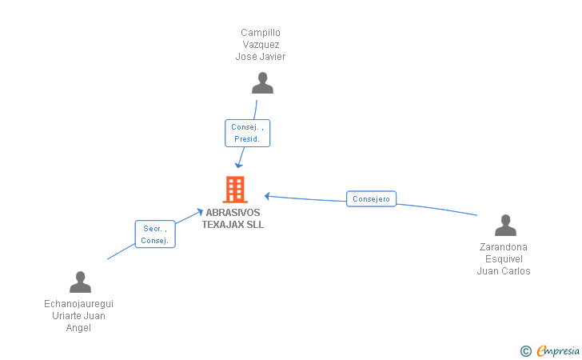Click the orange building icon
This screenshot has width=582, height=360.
pos(235,190)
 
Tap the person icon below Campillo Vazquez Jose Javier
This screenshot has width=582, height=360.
pos(262,83)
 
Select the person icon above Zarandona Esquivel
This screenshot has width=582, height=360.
pos(505,225)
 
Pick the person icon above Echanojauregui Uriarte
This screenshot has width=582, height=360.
pos(80,282)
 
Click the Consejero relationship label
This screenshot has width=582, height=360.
pos(371,198)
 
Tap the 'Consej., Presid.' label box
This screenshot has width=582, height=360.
pos(248,133)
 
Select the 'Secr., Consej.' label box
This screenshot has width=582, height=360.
pos(155,234)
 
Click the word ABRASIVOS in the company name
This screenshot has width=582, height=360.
pos(233,213)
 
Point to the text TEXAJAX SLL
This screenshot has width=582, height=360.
pos(233,224)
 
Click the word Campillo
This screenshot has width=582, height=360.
pos(261,33)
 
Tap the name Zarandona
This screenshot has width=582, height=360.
pos(504,247)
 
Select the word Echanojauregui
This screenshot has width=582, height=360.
pos(78,304)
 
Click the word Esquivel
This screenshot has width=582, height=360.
pos(504,259)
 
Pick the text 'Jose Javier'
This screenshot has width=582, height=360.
pos(261,57)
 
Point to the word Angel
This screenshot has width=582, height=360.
pos(78,328)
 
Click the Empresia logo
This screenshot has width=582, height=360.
pos(558,350)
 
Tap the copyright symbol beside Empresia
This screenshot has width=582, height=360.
pos(526,351)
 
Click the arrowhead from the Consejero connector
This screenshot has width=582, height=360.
pos(267,196)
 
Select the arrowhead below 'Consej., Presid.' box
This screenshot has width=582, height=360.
pos(239,165)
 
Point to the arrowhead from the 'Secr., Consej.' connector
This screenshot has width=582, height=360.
pos(200,212)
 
